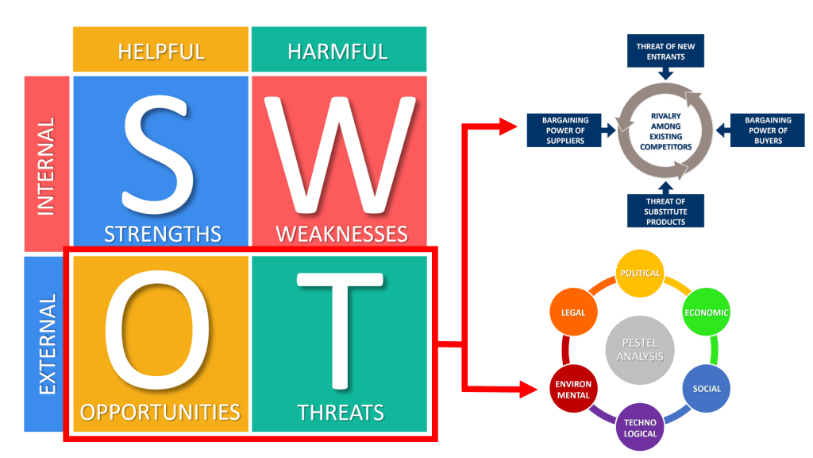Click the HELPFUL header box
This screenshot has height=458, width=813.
pyautogui.click(x=160, y=52)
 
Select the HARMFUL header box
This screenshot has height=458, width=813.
pyautogui.click(x=338, y=52)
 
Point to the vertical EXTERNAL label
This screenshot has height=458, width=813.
pyautogui.click(x=47, y=343)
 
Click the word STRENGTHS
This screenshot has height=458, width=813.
pyautogui.click(x=162, y=234)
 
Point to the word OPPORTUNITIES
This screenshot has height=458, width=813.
pyautogui.click(x=160, y=412)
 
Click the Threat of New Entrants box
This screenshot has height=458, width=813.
pyautogui.click(x=665, y=52)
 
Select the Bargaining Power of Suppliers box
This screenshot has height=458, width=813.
pyautogui.click(x=565, y=130)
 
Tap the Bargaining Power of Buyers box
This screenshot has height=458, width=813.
pyautogui.click(x=768, y=130)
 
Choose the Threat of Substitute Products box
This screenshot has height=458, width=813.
pyautogui.click(x=665, y=211)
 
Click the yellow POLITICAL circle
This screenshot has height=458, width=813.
pyautogui.click(x=640, y=274)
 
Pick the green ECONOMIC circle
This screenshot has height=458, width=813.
pyautogui.click(x=707, y=312)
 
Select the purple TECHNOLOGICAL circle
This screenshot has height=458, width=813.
pyautogui.click(x=640, y=428)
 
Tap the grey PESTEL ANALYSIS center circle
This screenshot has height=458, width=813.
pyautogui.click(x=639, y=351)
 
